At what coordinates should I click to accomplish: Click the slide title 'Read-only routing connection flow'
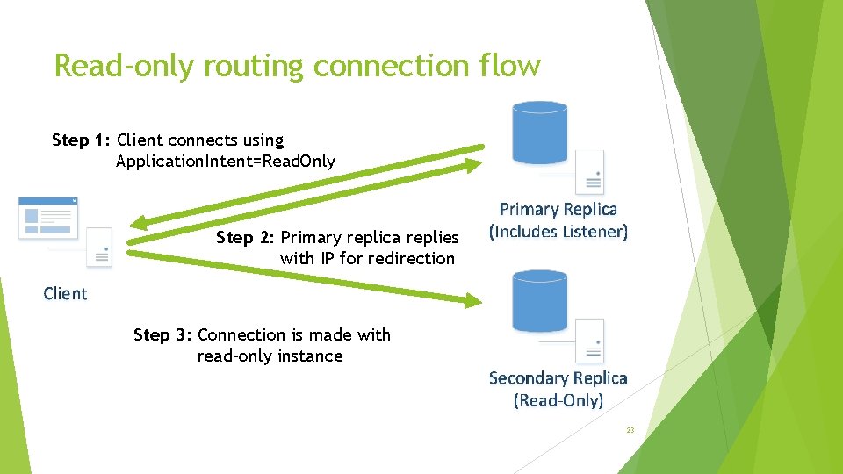coord(297,66)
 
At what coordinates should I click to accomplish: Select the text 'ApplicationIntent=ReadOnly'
coord(225,162)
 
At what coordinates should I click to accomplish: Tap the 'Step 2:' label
coord(245,238)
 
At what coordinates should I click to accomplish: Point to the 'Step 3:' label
coord(162,335)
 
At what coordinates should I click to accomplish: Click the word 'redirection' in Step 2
coord(411,259)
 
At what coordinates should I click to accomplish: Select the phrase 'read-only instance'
coord(270,356)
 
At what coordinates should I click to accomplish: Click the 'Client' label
coord(65,294)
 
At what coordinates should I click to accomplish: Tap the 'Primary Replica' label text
coord(558,210)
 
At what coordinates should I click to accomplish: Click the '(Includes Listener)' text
coord(558,232)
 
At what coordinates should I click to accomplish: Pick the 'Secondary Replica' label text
coord(558,378)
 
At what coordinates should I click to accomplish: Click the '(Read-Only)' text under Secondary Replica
coord(558,400)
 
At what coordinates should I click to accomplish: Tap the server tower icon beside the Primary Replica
coord(589,171)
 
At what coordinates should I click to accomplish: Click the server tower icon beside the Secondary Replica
coord(589,341)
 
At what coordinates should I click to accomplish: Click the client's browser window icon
coord(48,218)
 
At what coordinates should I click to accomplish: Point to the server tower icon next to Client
coord(98,248)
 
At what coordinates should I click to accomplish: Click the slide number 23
coord(630,430)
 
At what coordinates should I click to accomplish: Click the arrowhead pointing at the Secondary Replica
coord(474,301)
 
